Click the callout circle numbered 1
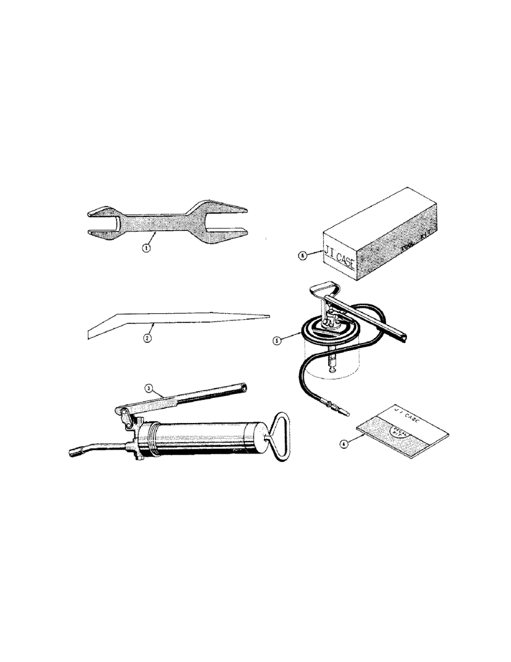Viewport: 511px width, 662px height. pyautogui.click(x=146, y=249)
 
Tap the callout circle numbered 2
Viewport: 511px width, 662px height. pyautogui.click(x=148, y=336)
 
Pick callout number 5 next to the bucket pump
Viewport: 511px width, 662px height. pyautogui.click(x=278, y=340)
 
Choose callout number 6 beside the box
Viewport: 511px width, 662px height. pyautogui.click(x=302, y=254)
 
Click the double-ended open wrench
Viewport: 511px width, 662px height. pyautogui.click(x=165, y=223)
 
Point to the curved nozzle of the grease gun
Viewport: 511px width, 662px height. pyautogui.click(x=93, y=449)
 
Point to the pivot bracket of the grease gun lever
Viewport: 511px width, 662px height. pyautogui.click(x=126, y=416)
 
